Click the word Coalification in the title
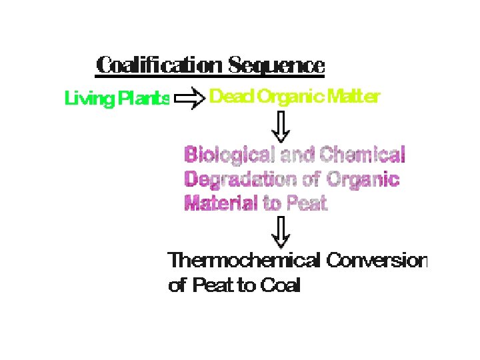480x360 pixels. coord(159,66)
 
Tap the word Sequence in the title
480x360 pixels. coord(277,66)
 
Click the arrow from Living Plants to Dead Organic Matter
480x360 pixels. coord(189,100)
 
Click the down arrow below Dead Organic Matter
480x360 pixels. coord(283,126)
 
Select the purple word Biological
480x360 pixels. coord(230,155)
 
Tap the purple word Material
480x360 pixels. coord(221,203)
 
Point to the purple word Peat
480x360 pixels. coord(307,203)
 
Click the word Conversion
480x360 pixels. coord(376,261)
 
